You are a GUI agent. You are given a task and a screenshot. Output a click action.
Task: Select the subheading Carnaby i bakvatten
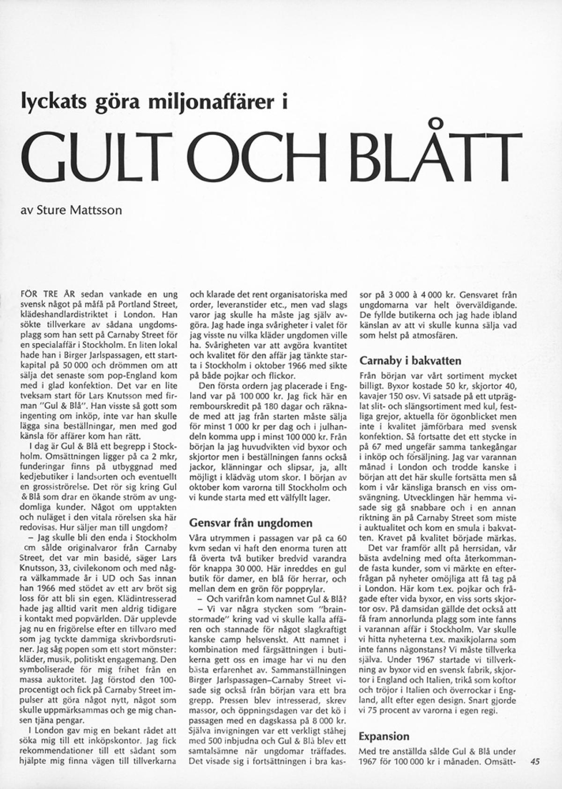pos(410,361)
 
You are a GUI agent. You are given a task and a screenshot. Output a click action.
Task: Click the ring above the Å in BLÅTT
pos(436,124)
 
